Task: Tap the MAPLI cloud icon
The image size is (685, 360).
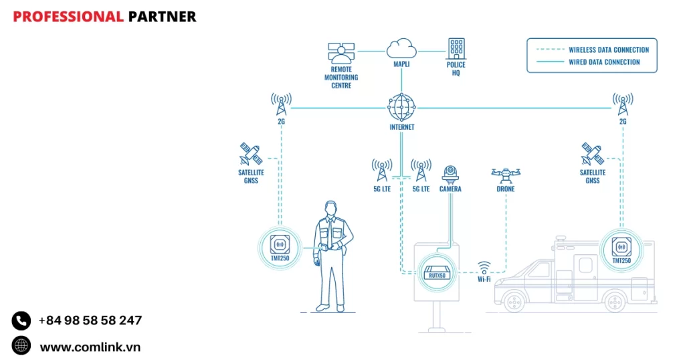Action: click(401, 48)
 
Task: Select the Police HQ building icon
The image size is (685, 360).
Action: click(456, 48)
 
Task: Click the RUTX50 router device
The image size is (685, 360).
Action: click(436, 272)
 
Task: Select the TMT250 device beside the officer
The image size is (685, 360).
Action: click(280, 246)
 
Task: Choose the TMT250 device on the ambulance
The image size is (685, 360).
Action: click(621, 246)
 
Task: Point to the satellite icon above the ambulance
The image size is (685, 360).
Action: click(592, 154)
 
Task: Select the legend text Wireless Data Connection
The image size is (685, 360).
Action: click(609, 50)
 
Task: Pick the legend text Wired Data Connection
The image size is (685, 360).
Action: click(604, 62)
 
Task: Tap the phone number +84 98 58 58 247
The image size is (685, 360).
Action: click(90, 321)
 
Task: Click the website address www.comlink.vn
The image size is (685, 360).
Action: click(90, 347)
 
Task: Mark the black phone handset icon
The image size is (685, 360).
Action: click(21, 321)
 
